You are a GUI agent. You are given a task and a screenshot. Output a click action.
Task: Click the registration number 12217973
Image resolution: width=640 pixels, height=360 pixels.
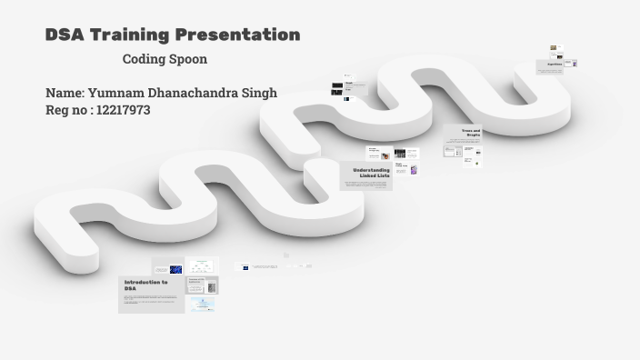click(x=123, y=110)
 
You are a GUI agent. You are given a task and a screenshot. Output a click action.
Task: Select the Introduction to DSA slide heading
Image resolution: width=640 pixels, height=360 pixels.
click(x=145, y=285)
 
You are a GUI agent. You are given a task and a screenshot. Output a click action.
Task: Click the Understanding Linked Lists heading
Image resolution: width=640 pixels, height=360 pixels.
click(x=371, y=172)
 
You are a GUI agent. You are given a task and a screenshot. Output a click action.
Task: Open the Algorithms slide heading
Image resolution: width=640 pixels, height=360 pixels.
click(x=554, y=64)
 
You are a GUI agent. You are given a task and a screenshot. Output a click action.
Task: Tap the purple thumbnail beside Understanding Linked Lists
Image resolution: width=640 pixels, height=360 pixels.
click(x=414, y=169)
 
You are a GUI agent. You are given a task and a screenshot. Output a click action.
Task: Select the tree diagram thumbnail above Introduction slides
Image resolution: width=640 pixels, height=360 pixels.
click(x=202, y=267)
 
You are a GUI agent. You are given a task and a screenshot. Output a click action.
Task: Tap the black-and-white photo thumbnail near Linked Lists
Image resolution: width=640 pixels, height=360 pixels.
click(x=400, y=155)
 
